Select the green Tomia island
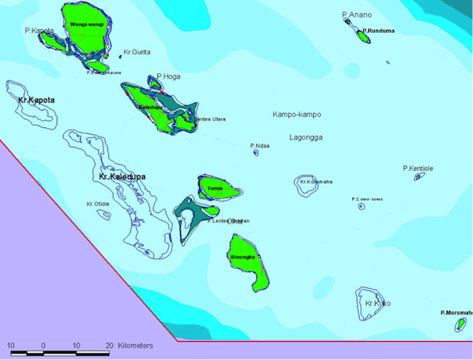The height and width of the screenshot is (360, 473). click(217, 188)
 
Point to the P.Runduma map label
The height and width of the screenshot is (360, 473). click(378, 31)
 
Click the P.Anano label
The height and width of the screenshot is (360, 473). click(357, 15)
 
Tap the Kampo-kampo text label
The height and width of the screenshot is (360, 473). click(296, 115)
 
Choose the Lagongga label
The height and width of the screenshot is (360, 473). click(306, 137)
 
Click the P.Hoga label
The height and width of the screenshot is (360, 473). click(169, 76)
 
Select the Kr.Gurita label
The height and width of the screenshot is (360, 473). click(138, 52)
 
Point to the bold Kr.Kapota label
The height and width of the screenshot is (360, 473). click(36, 100)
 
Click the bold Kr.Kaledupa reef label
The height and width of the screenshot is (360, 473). click(122, 177)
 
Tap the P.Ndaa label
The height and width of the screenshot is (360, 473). click(260, 145)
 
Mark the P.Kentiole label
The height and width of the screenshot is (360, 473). click(418, 168)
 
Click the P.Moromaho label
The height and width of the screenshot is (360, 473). click(456, 313)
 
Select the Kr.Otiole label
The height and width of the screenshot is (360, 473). click(98, 204)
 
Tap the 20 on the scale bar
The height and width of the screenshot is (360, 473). click(109, 345)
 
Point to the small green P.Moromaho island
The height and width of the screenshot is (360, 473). click(460, 324)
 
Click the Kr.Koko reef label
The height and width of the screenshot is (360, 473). click(378, 303)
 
